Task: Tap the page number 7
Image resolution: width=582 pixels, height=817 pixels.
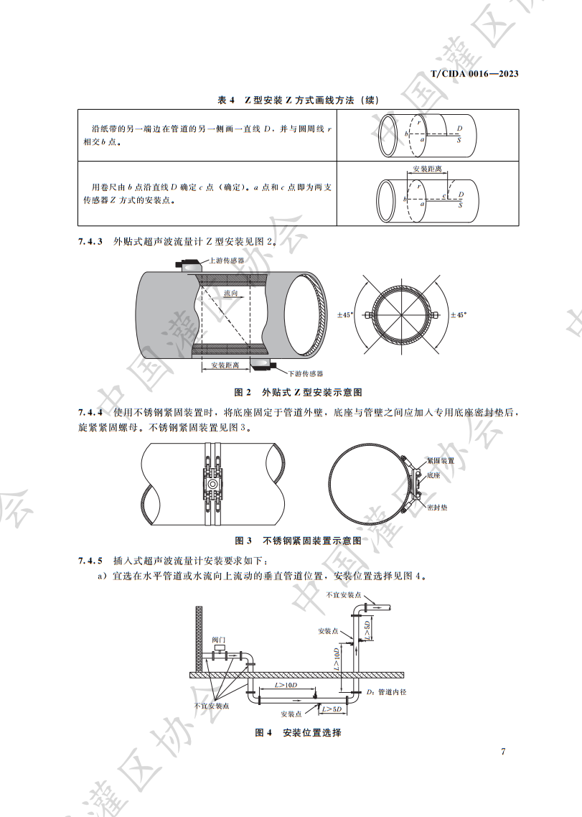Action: pos(503,752)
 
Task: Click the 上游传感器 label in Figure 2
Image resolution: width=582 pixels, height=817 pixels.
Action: pos(227,261)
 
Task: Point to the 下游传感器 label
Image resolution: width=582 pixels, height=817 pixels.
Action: pos(306,374)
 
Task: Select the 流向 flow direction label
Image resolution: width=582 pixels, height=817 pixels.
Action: pos(230,294)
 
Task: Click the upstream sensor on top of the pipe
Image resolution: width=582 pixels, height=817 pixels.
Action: pos(191,265)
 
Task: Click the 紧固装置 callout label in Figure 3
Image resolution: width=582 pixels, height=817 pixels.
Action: pos(440,460)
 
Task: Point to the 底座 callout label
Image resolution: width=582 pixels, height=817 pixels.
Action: pos(433,475)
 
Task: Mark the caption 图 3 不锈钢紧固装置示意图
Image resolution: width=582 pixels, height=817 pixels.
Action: pos(298,540)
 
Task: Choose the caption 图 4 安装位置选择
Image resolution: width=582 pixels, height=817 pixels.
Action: pos(298,733)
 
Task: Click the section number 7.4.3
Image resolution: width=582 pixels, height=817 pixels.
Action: pos(90,241)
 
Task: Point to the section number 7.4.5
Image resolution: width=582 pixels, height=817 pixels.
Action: pos(90,560)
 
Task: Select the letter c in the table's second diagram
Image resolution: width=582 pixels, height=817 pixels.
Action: pos(444,195)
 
